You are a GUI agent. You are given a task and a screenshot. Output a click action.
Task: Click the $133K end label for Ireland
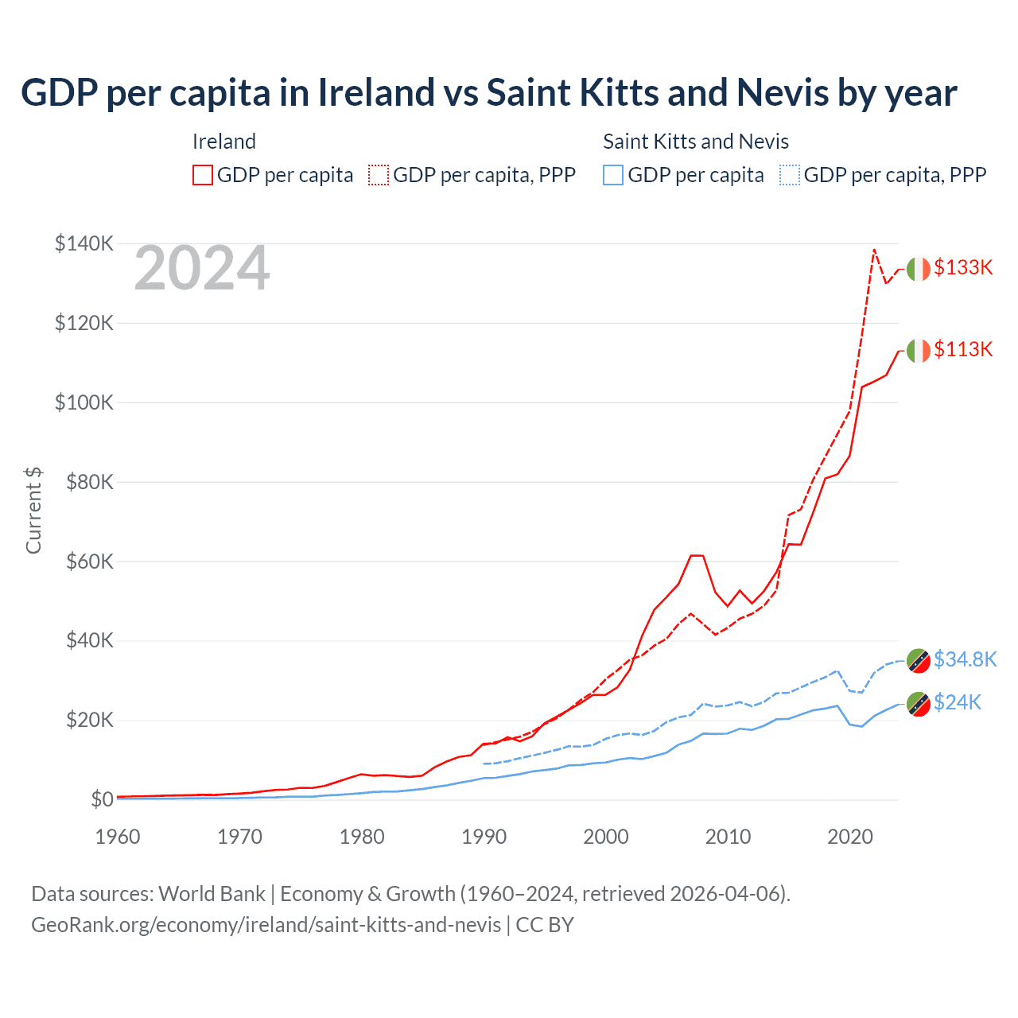tap(963, 267)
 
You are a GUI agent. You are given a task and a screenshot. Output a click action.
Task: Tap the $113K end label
tap(963, 349)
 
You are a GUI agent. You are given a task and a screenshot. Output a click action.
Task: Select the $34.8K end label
tap(965, 659)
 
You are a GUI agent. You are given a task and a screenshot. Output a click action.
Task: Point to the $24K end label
tap(958, 702)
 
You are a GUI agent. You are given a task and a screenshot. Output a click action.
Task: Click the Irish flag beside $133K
tap(919, 269)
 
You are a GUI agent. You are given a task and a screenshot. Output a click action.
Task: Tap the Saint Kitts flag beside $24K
tap(919, 705)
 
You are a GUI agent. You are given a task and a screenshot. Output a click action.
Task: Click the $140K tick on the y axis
tap(84, 243)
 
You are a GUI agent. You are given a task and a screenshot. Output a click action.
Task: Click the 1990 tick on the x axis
tap(484, 837)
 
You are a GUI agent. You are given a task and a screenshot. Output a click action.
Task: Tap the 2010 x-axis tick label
tap(729, 837)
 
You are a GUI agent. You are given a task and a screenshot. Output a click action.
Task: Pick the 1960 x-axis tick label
tap(118, 837)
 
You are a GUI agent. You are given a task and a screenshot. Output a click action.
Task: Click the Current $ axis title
tap(33, 511)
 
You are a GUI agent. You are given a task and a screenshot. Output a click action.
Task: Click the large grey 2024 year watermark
tap(202, 269)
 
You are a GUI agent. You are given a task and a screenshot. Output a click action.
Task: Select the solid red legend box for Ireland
tap(203, 175)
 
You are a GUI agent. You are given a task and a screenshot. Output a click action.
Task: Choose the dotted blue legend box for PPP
tap(790, 175)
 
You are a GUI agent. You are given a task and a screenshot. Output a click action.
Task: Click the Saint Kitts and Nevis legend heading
tap(696, 142)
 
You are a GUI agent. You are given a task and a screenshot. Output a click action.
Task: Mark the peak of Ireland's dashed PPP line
tap(874, 250)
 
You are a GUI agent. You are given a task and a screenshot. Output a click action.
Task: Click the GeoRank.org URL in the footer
tap(266, 925)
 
